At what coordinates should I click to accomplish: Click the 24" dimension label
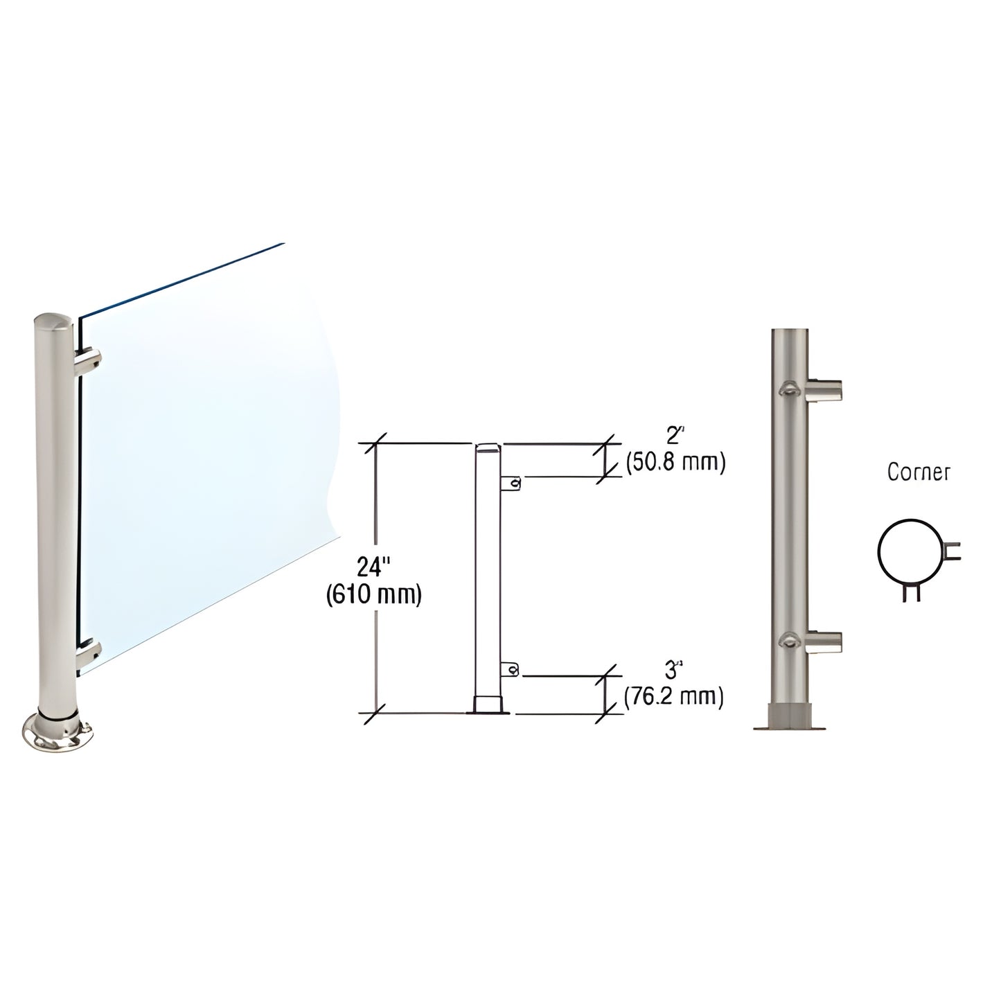coord(373,568)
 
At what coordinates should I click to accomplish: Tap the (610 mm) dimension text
coord(373,595)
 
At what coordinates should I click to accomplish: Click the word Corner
coord(919,472)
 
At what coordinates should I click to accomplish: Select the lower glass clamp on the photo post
coord(89,651)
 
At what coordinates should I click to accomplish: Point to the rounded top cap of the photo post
coord(50,326)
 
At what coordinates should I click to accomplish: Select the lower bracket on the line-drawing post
coord(511,668)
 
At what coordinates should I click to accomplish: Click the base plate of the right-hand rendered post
coord(790,725)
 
